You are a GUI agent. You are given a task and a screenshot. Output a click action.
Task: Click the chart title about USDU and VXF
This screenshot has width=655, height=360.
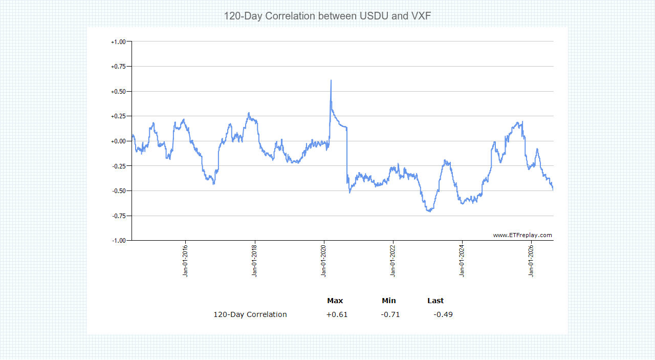(327, 16)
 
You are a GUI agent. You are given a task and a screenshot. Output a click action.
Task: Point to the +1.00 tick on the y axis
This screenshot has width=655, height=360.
(118, 42)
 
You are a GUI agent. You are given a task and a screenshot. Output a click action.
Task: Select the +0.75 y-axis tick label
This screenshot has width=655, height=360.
(118, 67)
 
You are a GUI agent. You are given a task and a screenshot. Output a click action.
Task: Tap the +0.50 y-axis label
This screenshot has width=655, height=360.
(118, 92)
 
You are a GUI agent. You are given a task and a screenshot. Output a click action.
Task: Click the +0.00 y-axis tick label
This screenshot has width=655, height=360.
(118, 141)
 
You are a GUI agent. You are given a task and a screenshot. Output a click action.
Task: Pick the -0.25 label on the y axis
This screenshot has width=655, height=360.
(119, 166)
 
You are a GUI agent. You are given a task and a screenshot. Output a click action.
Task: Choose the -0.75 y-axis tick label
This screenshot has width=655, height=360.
(119, 216)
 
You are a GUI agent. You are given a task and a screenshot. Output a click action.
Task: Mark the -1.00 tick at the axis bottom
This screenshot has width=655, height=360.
(119, 241)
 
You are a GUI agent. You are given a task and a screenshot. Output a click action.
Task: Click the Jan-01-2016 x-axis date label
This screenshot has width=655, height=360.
(185, 261)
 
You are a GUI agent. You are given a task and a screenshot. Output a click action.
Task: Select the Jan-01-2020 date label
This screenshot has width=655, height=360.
(323, 261)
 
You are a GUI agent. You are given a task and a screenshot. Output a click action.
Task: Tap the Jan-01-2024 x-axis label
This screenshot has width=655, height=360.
(462, 261)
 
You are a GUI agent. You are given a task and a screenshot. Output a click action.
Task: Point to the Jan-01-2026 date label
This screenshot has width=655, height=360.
(531, 261)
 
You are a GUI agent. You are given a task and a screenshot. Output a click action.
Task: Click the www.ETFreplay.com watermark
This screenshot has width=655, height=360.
(522, 236)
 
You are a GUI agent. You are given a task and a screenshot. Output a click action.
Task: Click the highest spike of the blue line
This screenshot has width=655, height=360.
(331, 80)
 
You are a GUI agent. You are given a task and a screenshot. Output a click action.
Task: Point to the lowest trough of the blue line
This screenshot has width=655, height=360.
(429, 211)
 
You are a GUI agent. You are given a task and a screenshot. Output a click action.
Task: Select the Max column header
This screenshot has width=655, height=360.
(335, 301)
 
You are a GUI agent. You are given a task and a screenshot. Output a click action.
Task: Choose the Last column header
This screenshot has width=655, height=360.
(435, 301)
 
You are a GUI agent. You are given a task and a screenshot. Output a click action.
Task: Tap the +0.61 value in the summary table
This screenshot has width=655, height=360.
(337, 314)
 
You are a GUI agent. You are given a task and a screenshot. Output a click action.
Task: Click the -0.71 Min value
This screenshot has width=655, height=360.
(390, 314)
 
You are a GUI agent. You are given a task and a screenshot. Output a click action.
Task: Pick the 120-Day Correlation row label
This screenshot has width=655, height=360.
(250, 314)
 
